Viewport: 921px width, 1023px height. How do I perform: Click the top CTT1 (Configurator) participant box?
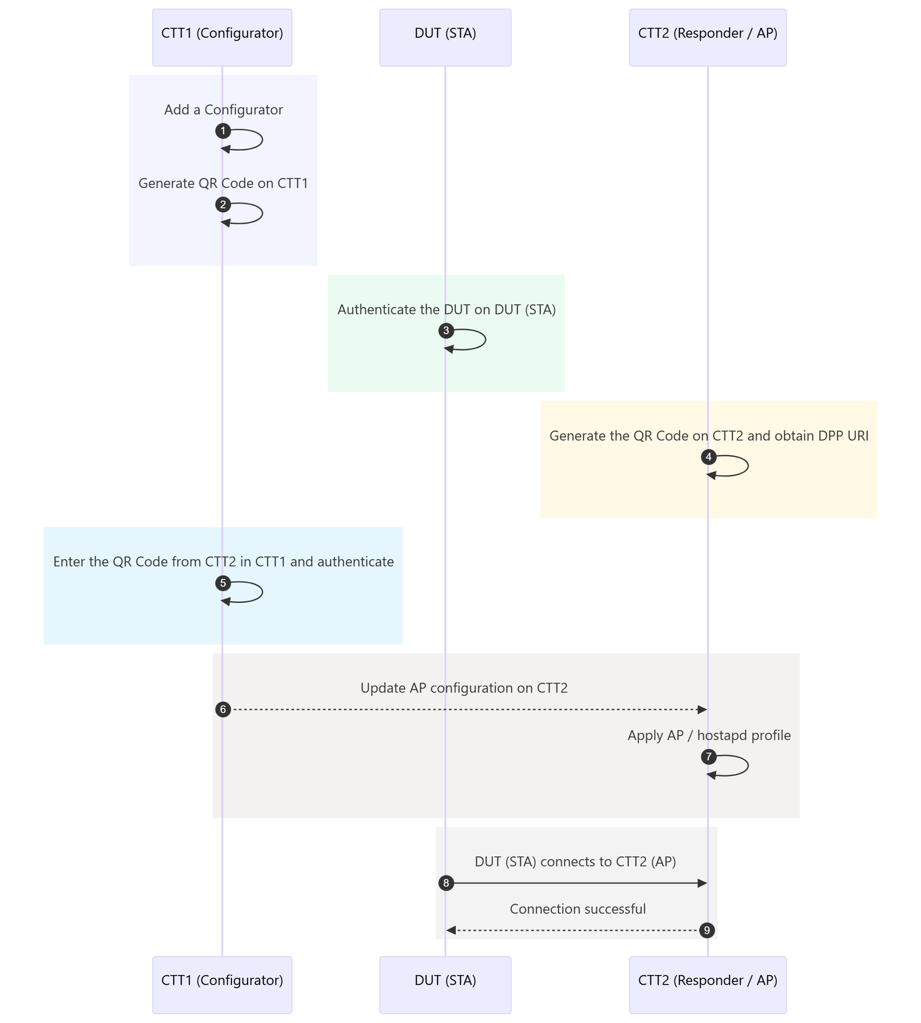tap(222, 38)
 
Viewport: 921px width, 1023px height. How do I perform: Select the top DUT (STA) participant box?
tap(445, 38)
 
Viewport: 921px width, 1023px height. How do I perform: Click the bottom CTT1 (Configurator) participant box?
tap(222, 985)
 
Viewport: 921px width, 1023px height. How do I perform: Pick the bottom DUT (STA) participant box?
tap(445, 985)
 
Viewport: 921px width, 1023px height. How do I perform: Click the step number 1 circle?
tap(223, 131)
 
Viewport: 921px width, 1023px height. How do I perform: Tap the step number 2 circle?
tap(223, 204)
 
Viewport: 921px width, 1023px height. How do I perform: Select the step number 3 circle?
tap(446, 330)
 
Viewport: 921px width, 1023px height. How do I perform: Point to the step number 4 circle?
tap(708, 457)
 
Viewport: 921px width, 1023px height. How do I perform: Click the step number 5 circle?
tap(223, 583)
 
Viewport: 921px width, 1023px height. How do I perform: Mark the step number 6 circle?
tap(223, 709)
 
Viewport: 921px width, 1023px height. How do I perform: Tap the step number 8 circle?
tap(446, 883)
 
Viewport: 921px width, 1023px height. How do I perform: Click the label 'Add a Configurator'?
tap(223, 110)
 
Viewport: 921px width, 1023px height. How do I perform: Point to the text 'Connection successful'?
tap(578, 909)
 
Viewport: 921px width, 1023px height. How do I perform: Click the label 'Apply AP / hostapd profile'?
tap(709, 735)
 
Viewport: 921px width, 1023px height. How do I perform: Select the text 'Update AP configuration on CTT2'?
tap(464, 688)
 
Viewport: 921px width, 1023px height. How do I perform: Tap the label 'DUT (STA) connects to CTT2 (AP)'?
tap(575, 862)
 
